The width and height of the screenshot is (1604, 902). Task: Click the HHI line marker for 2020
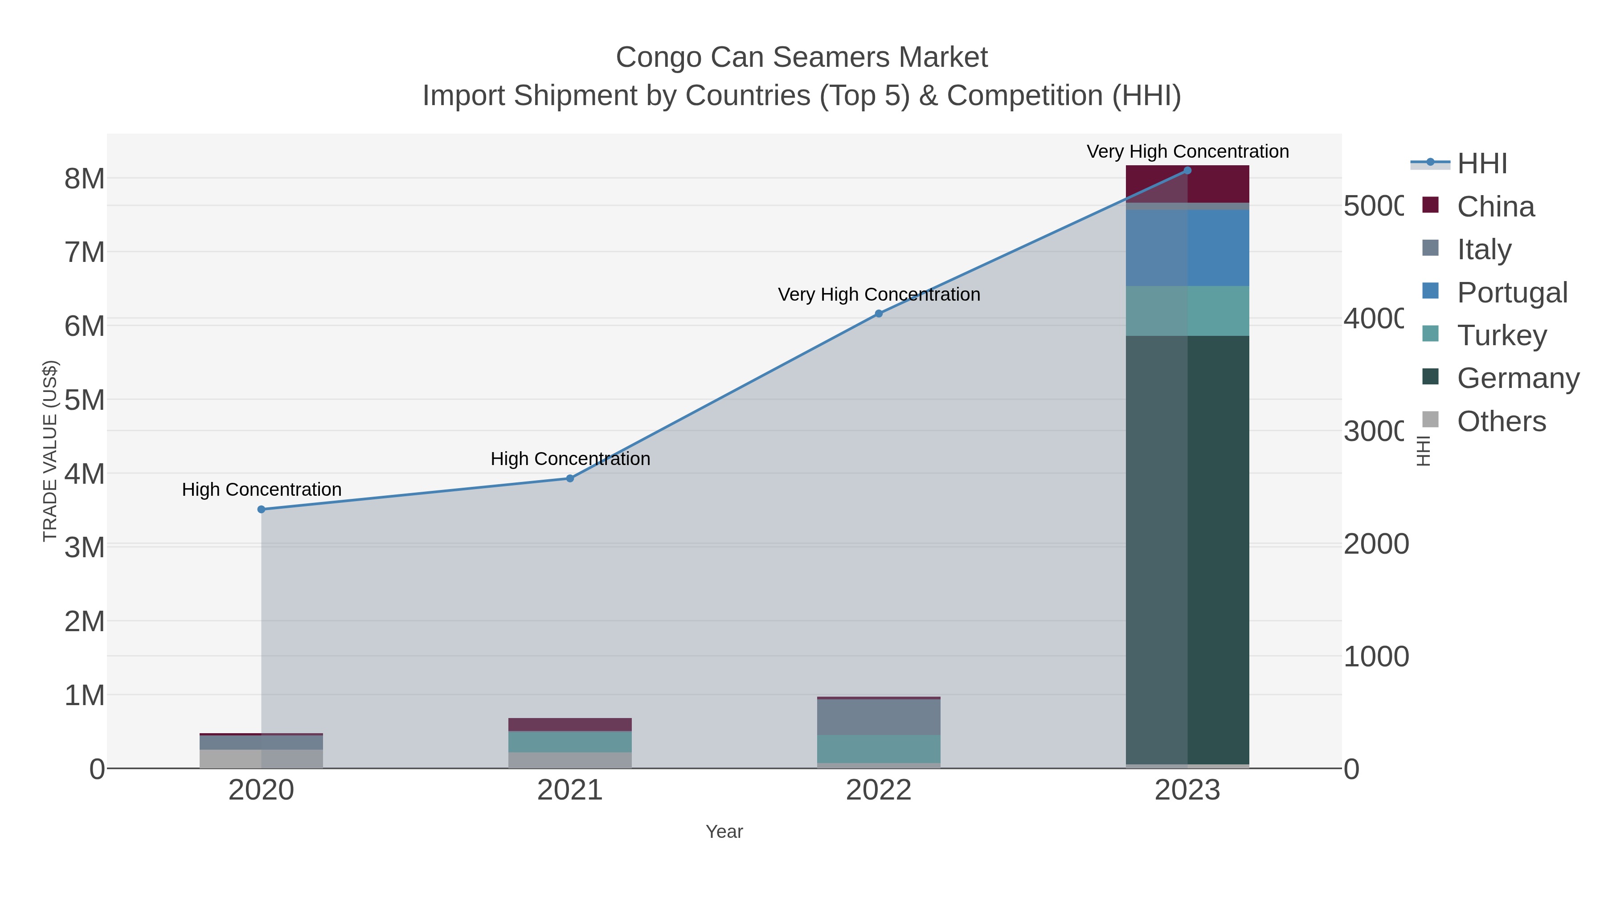[262, 509]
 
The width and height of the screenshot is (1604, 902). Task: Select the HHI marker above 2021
[570, 478]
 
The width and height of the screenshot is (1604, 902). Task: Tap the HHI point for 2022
[879, 314]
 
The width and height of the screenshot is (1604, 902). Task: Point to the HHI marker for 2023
[1187, 171]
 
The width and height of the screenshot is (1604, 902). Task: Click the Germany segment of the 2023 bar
[1187, 548]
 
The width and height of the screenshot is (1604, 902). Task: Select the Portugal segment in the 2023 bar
[1187, 248]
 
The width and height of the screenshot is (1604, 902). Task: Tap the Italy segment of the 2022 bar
[879, 717]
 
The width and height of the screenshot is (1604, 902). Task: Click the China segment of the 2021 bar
[570, 725]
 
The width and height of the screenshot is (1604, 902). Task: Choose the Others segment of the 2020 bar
[262, 759]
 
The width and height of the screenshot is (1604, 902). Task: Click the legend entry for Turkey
[1502, 335]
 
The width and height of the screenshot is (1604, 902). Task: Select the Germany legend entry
[1518, 379]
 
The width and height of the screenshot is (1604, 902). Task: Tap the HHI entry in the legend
[1482, 164]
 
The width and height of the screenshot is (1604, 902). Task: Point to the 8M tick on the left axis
[85, 179]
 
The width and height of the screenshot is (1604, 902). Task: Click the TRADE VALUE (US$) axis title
[50, 451]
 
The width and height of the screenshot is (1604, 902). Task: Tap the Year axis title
[724, 832]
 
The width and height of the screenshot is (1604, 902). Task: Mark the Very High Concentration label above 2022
[879, 294]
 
